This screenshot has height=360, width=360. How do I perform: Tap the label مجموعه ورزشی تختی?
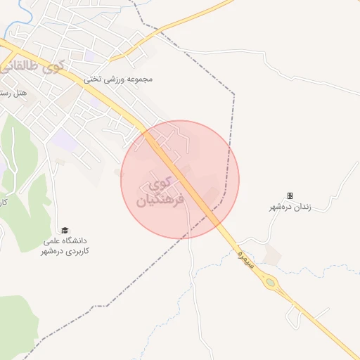(118, 79)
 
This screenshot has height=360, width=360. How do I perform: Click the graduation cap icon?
(65, 230)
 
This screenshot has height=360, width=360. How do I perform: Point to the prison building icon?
(290, 195)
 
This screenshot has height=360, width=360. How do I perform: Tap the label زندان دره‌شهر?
(290, 207)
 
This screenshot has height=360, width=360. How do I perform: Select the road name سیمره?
(243, 255)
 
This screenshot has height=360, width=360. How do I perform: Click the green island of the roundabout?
(270, 283)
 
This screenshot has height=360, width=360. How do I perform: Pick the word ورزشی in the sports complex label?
(117, 79)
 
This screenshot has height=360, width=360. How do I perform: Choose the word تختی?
(93, 79)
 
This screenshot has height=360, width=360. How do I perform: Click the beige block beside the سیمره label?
(273, 255)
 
